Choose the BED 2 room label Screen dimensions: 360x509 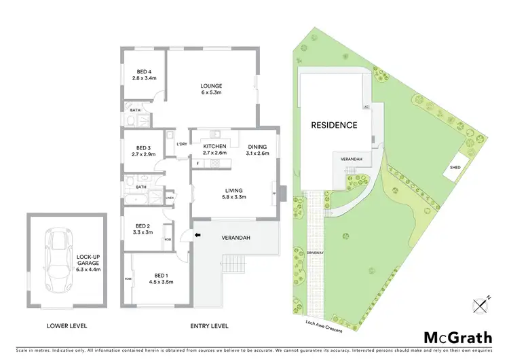[142, 228]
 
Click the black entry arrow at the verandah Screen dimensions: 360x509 [198, 236]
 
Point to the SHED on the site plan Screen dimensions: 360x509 [455, 167]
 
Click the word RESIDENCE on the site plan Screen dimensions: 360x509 [334, 125]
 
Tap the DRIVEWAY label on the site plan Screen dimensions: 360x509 [314, 253]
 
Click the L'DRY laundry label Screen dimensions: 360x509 [181, 145]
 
